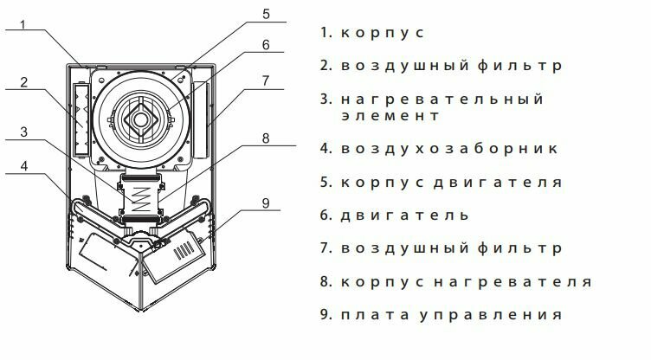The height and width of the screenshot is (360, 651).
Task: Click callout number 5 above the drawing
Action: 267,14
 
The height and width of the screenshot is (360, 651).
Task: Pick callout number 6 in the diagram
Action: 267,44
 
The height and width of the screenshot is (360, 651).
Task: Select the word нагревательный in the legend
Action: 442,100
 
